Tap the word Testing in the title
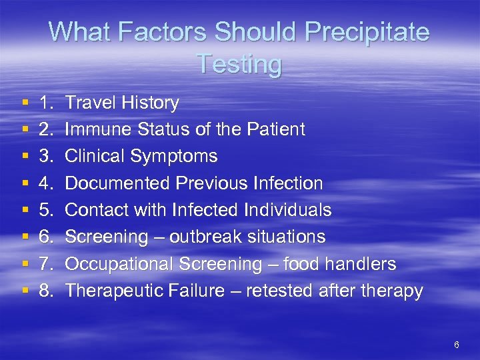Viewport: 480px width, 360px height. click(x=239, y=65)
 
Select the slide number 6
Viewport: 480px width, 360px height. click(x=456, y=345)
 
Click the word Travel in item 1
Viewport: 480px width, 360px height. click(x=89, y=103)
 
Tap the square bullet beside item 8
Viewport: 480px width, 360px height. click(x=25, y=291)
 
